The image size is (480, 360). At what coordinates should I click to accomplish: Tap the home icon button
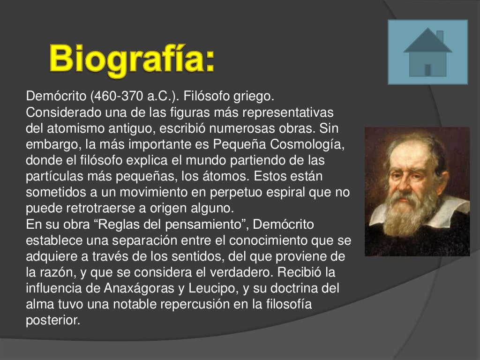click(x=427, y=52)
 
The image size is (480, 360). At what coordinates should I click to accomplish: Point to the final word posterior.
click(x=53, y=320)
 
